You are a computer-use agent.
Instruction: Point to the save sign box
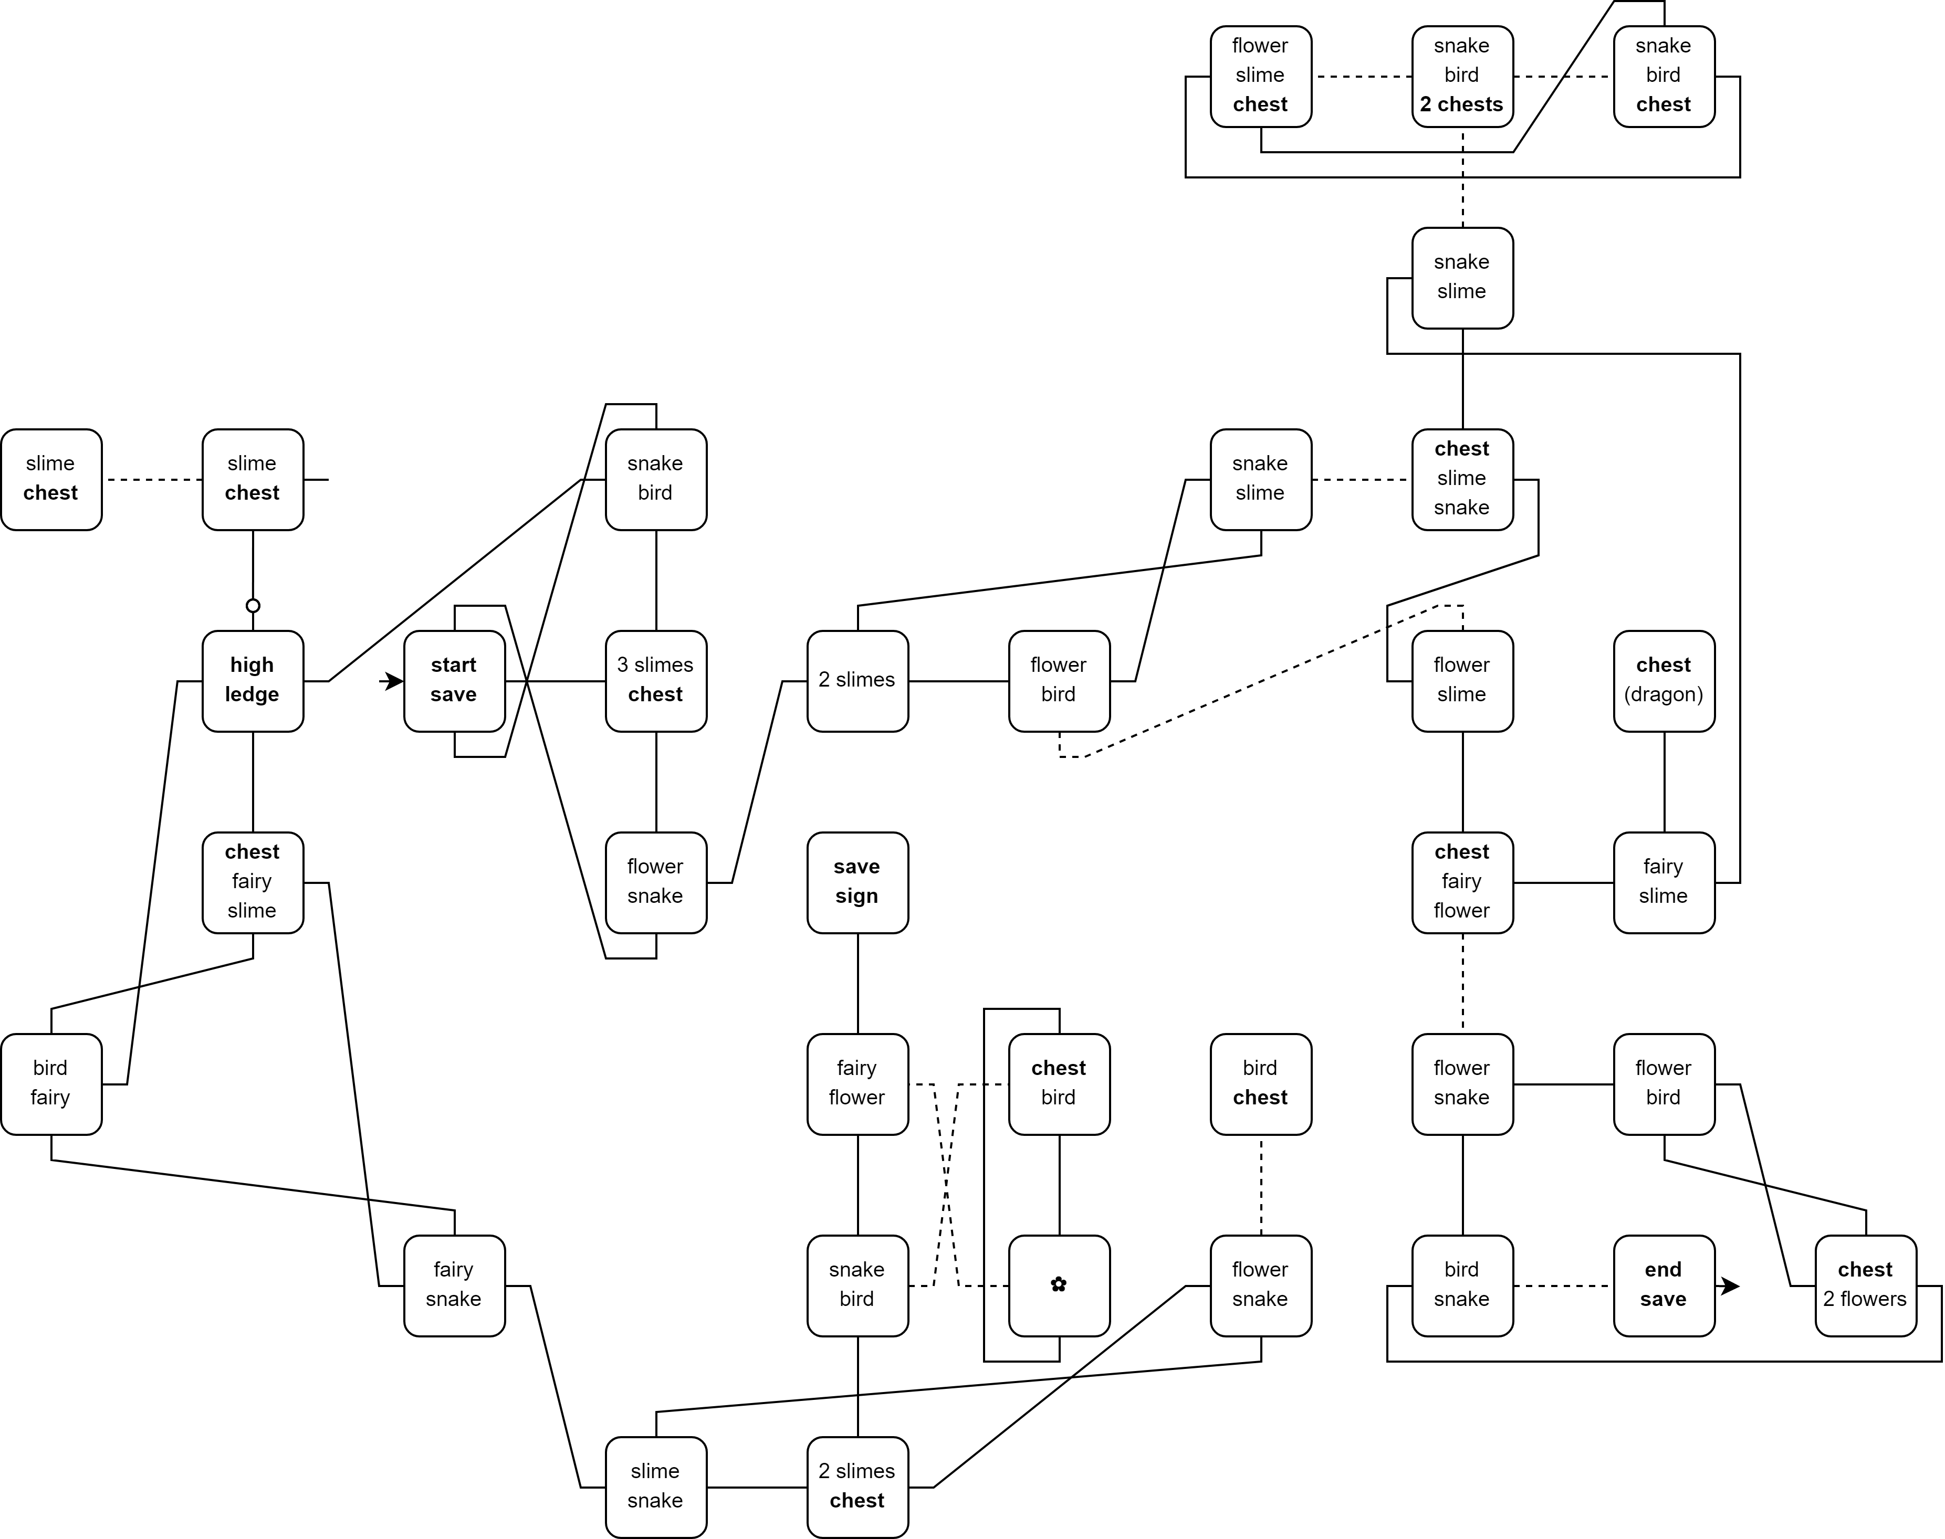857,882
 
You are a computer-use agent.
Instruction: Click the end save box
1663,1285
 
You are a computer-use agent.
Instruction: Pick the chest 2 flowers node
1865,1285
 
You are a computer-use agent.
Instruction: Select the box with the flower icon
1059,1285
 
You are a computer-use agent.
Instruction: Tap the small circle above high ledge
253,606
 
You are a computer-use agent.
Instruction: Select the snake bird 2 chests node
1462,76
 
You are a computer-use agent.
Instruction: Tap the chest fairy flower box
1462,882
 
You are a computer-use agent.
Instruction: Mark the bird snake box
1462,1285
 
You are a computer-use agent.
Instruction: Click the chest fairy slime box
253,882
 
